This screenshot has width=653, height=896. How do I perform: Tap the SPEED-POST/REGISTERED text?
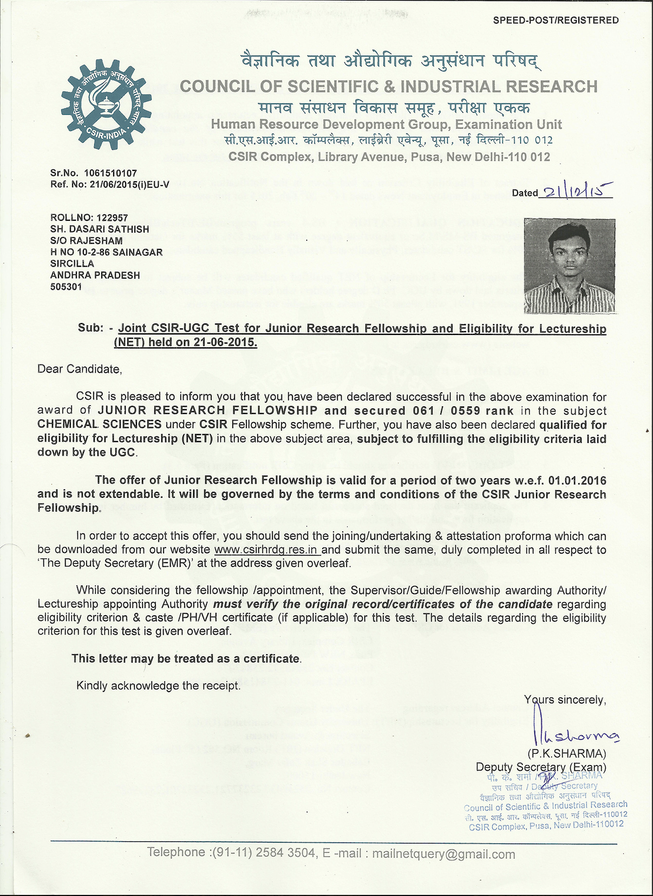(x=556, y=21)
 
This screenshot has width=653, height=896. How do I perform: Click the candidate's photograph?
(x=570, y=266)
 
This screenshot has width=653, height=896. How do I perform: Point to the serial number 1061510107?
(x=110, y=174)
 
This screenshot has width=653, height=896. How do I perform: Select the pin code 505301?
(x=66, y=287)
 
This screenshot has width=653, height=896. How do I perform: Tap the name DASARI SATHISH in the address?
(x=107, y=229)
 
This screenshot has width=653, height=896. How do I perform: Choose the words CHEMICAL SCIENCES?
(x=100, y=425)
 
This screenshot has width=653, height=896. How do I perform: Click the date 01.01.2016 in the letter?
(x=577, y=480)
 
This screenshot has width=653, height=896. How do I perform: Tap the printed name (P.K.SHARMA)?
(x=566, y=754)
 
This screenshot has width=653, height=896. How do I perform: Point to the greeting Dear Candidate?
(x=80, y=370)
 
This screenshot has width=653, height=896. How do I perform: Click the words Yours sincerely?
(x=565, y=700)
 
